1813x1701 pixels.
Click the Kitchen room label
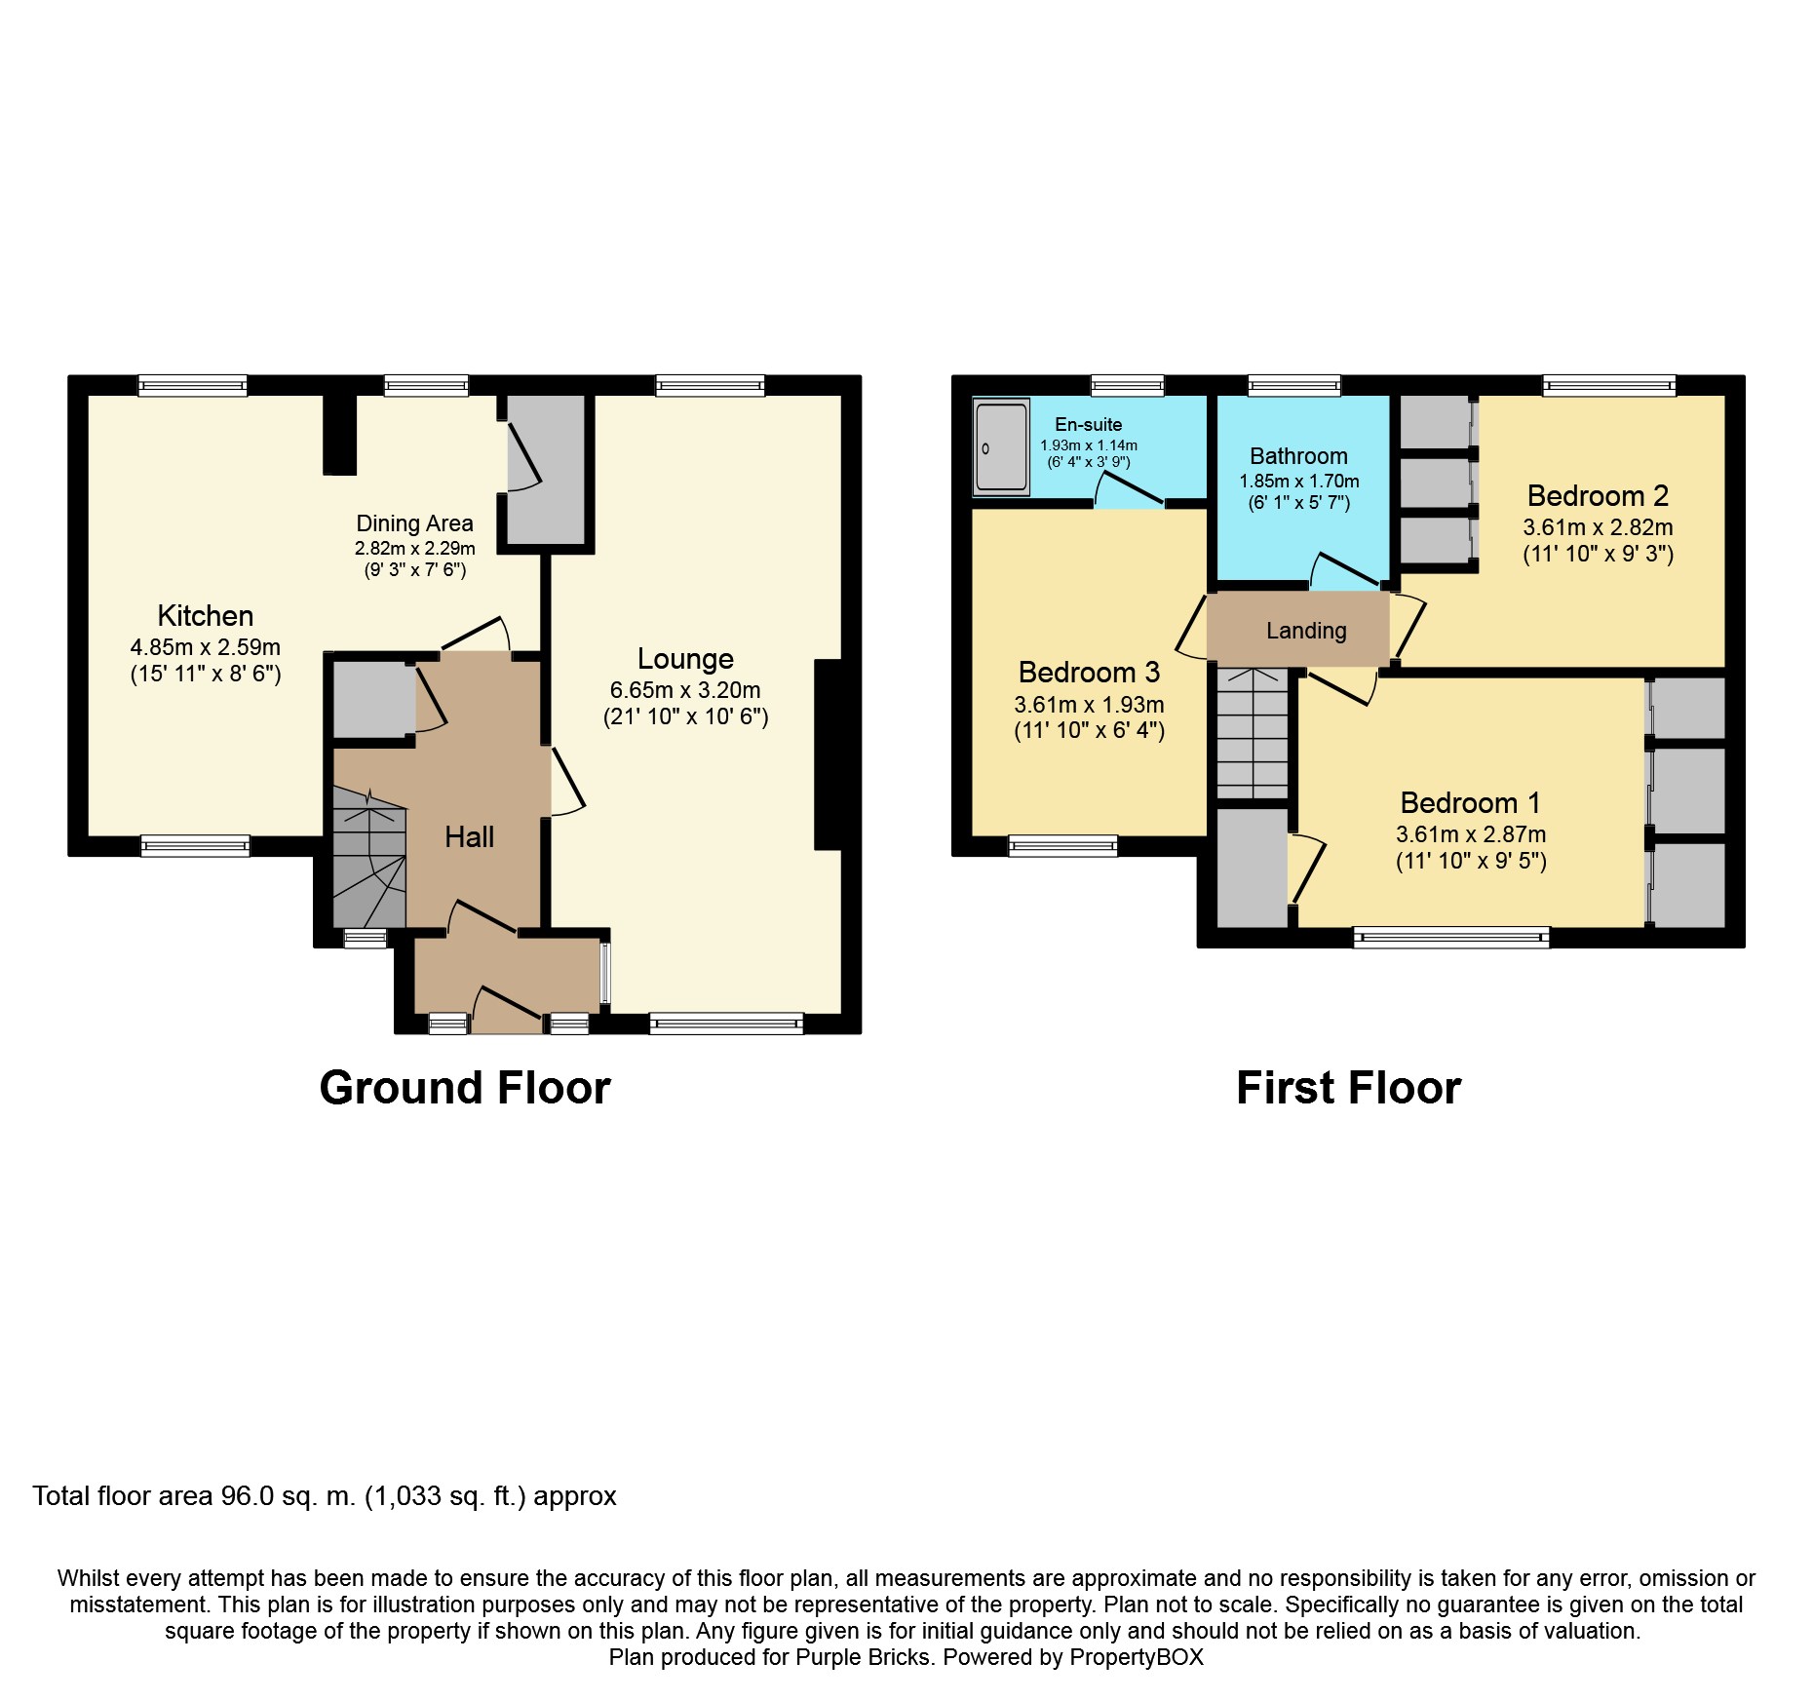206,616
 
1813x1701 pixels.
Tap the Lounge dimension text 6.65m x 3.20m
685,690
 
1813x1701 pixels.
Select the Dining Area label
414,523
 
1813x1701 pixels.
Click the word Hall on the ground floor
469,836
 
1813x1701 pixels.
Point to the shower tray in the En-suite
1001,446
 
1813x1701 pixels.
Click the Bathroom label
1298,456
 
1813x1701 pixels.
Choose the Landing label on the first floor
1306,631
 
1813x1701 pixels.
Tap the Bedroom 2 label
1598,496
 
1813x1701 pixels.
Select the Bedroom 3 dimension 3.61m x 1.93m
1089,705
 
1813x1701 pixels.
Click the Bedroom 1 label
1470,803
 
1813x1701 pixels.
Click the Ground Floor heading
465,1088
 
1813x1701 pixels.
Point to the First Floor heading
1348,1088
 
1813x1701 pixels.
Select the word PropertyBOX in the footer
1137,1657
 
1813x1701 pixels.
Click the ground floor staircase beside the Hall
369,857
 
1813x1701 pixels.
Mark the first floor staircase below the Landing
1253,733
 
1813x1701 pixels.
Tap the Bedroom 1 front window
1451,938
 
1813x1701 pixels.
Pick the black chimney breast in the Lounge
828,755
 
